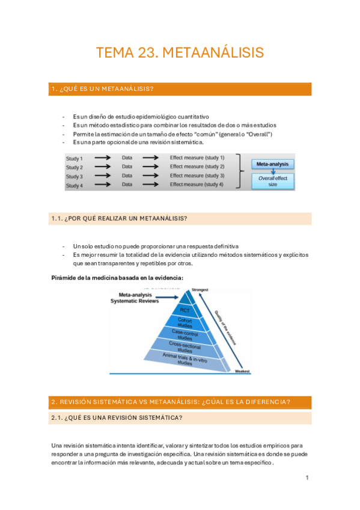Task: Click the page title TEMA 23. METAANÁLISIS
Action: click(x=180, y=53)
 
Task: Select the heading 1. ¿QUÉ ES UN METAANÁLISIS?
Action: click(x=102, y=89)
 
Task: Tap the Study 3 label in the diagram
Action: click(x=75, y=176)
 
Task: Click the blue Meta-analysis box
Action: click(x=273, y=164)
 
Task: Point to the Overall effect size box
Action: click(x=273, y=181)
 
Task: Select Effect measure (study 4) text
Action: click(x=197, y=185)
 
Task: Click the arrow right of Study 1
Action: click(x=102, y=158)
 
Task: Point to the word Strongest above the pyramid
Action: click(x=200, y=290)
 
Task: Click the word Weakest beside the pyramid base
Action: click(x=242, y=371)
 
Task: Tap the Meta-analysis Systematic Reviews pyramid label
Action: click(x=139, y=298)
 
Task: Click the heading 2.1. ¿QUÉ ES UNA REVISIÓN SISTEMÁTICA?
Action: click(x=117, y=418)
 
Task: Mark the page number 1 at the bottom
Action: click(x=307, y=478)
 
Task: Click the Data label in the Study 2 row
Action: click(x=127, y=167)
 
